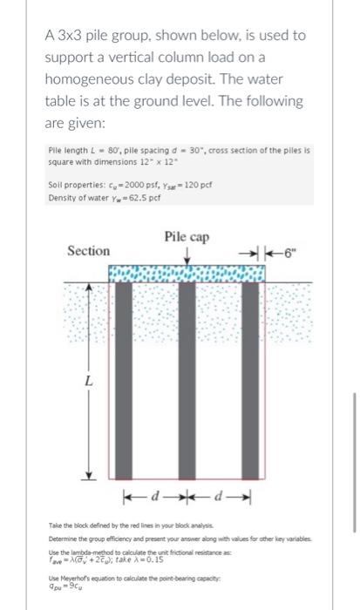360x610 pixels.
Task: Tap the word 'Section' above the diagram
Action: tap(89, 251)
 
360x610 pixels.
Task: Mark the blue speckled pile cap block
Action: tap(185, 272)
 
